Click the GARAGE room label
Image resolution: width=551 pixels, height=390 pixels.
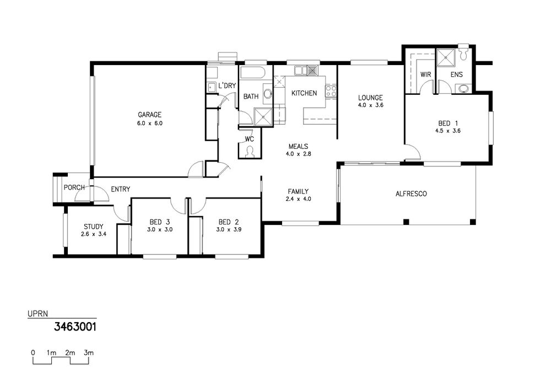point(150,115)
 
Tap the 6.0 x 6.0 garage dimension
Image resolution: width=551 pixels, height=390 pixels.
point(150,124)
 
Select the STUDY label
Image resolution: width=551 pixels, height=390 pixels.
point(94,227)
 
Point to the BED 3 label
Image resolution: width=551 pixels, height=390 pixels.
point(160,222)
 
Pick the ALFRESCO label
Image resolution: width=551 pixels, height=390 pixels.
point(411,194)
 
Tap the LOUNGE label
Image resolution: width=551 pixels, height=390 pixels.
point(370,98)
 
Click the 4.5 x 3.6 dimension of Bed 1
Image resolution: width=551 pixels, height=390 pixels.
point(448,131)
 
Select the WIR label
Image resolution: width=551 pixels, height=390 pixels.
point(425,74)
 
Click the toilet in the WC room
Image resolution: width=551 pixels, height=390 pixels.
point(250,152)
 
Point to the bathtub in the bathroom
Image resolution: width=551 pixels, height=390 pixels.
point(252,72)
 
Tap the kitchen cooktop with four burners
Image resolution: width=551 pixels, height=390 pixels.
point(331,92)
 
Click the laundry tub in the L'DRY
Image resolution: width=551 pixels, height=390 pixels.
point(212,87)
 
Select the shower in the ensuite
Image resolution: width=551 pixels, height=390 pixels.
point(445,57)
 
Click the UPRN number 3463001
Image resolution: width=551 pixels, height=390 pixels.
point(75,327)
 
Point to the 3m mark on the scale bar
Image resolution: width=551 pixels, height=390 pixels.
point(89,352)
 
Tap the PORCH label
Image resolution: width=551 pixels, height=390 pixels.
point(74,188)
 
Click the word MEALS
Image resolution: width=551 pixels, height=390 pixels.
point(298,146)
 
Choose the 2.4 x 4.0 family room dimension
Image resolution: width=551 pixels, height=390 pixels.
point(298,199)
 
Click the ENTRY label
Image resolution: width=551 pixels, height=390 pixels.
point(121,189)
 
